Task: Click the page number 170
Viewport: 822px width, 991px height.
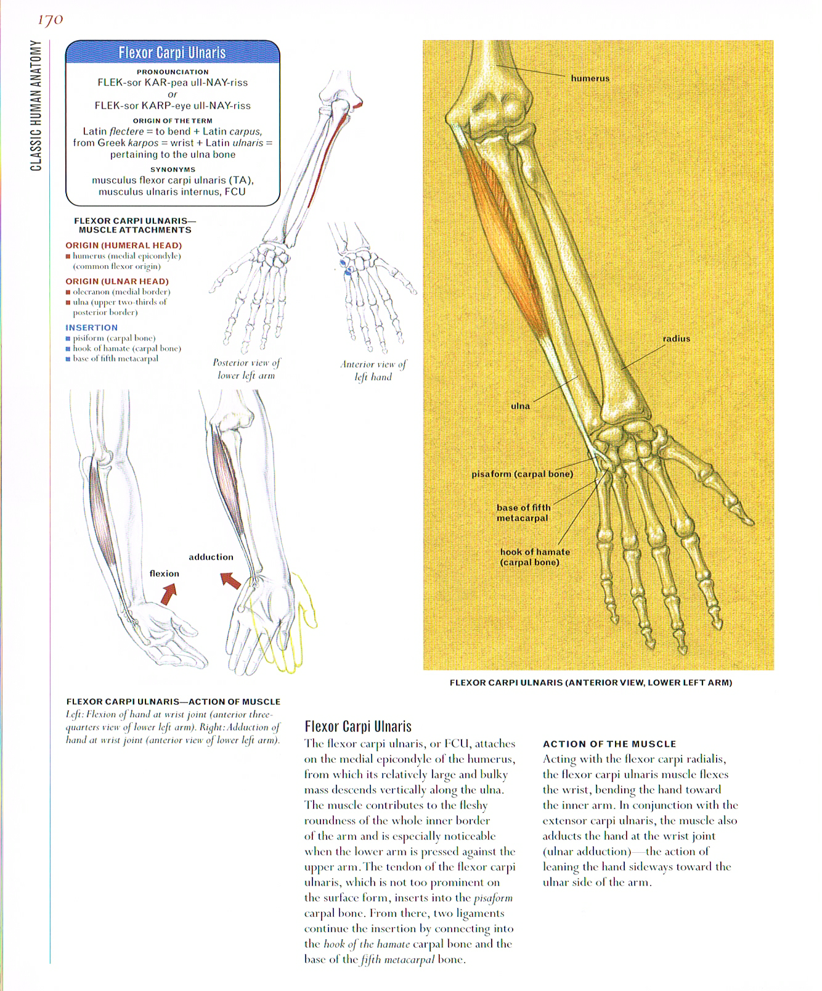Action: pos(51,20)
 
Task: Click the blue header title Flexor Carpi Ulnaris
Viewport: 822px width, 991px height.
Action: pos(172,53)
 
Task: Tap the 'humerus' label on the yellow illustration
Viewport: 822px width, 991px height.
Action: pos(590,78)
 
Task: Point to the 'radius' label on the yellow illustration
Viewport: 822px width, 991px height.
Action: pos(676,339)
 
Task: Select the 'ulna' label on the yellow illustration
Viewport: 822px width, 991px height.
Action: pos(520,406)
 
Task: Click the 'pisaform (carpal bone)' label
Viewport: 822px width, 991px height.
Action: pos(522,474)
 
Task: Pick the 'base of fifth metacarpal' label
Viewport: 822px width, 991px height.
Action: pos(523,513)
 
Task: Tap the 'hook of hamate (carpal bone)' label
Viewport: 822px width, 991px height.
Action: pos(534,557)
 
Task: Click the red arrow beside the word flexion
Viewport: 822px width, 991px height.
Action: pos(168,594)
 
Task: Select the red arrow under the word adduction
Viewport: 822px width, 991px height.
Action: pos(230,580)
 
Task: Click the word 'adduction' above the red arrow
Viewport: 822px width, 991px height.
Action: pos(211,557)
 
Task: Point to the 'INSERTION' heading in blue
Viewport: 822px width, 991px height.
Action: pos(91,327)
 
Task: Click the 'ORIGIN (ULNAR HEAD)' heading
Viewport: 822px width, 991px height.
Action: pos(117,281)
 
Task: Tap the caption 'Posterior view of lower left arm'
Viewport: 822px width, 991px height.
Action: pos(246,369)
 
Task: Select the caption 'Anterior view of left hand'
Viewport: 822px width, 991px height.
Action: pos(373,371)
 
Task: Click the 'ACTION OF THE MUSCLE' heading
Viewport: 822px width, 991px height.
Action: pos(609,744)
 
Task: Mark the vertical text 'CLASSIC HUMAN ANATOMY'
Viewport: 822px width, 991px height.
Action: pos(36,105)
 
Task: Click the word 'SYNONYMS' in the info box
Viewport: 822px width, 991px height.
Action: pos(173,170)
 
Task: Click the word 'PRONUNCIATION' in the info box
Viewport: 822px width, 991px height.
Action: pos(173,72)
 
